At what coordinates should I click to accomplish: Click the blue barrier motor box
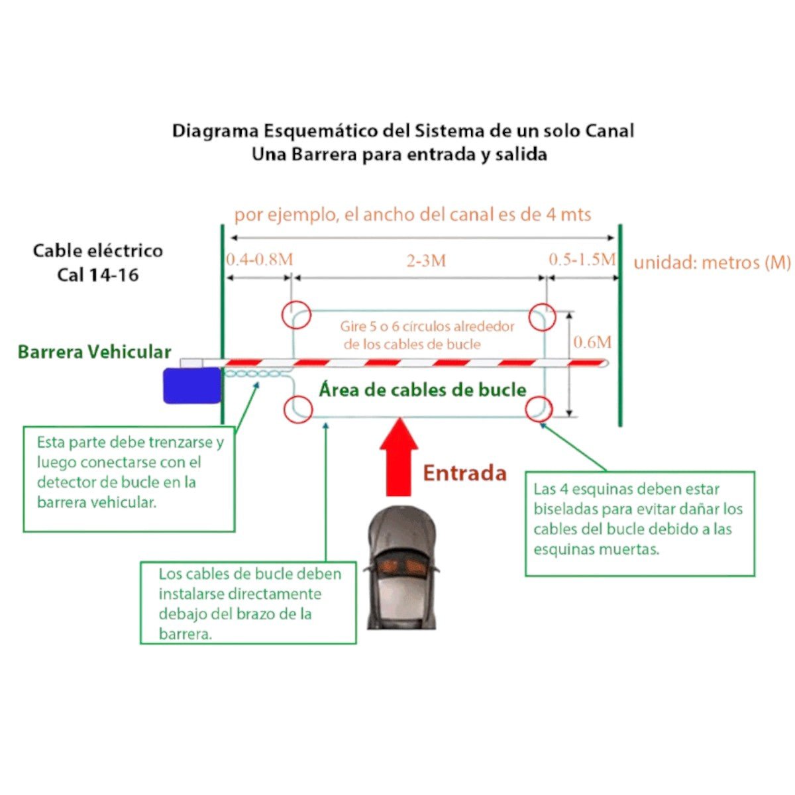tap(192, 385)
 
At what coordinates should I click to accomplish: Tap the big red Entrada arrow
tap(399, 457)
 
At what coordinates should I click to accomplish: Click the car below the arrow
tap(402, 566)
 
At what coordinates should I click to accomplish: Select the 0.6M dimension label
tap(592, 343)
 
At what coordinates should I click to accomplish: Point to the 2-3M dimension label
tap(426, 261)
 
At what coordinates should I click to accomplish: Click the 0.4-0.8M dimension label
tap(259, 259)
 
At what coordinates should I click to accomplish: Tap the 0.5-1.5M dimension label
tap(582, 259)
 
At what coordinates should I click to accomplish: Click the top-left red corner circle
tap(296, 315)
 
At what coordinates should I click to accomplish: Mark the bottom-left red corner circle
tap(297, 409)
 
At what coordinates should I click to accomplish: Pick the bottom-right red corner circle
tap(539, 409)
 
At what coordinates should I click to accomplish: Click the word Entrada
tap(464, 473)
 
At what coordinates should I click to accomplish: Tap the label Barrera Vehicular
tap(94, 352)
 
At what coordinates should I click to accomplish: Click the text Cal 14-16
tap(98, 275)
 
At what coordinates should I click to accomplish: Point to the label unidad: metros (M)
tap(712, 263)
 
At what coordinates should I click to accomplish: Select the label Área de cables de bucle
tap(423, 390)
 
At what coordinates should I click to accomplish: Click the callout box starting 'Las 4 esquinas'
tap(639, 523)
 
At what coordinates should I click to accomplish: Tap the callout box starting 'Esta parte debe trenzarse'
tap(129, 478)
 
